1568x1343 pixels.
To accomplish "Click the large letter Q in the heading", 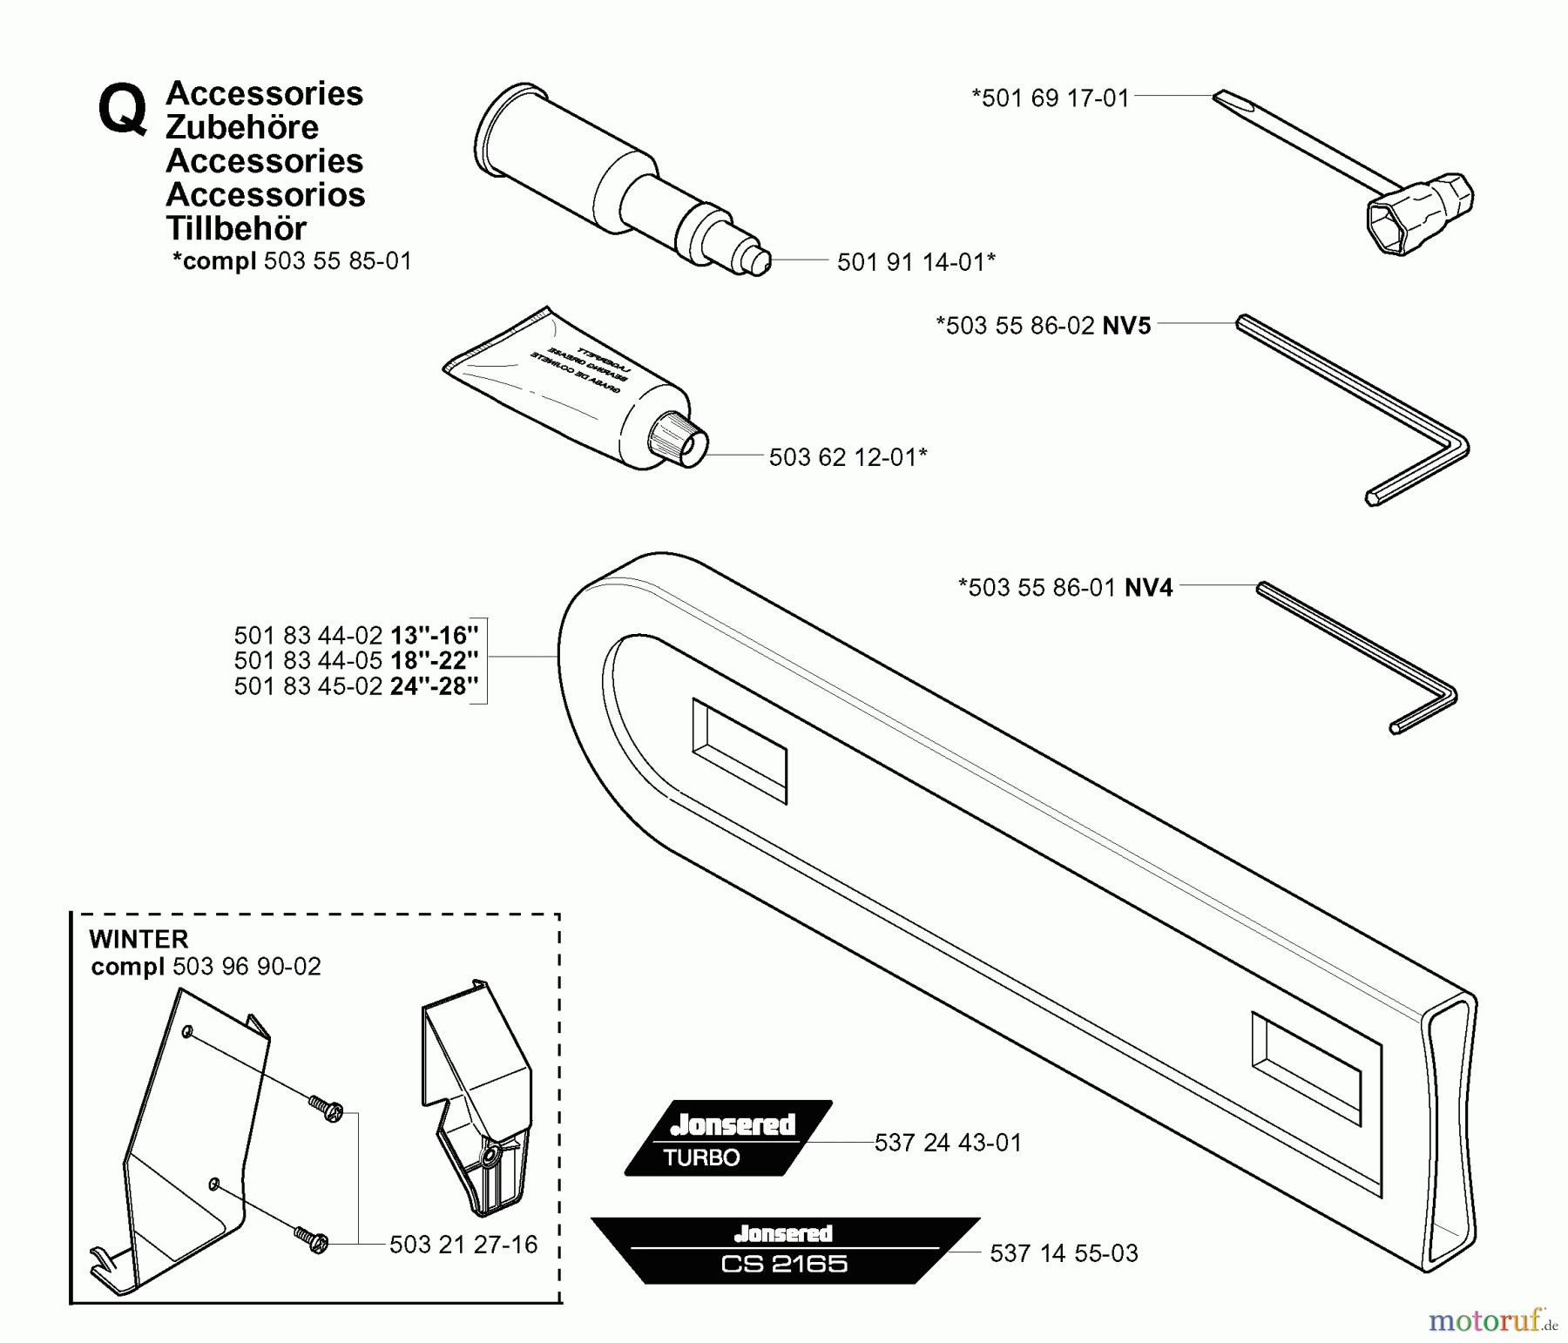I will click(x=122, y=111).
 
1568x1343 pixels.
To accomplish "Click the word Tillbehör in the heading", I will click(x=236, y=228).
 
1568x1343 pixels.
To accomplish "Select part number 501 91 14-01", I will click(x=915, y=261).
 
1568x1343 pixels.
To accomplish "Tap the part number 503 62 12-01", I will click(x=847, y=457).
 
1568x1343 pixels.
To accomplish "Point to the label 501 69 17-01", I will click(x=1050, y=98).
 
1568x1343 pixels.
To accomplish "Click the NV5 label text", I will click(x=1126, y=326).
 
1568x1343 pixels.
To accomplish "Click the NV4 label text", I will click(x=1148, y=588).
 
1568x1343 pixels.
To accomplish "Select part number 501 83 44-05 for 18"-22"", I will click(x=308, y=660).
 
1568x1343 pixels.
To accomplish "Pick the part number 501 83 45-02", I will click(x=308, y=686).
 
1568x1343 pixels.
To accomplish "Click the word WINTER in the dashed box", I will click(x=139, y=939).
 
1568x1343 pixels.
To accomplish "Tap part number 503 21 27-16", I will click(x=463, y=1245).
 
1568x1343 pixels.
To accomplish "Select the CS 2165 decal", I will click(x=784, y=1251).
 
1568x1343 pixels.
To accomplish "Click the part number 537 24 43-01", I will click(x=948, y=1143).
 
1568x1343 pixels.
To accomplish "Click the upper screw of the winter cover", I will click(x=328, y=1109).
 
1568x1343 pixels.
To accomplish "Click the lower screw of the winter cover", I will click(x=312, y=1239).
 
